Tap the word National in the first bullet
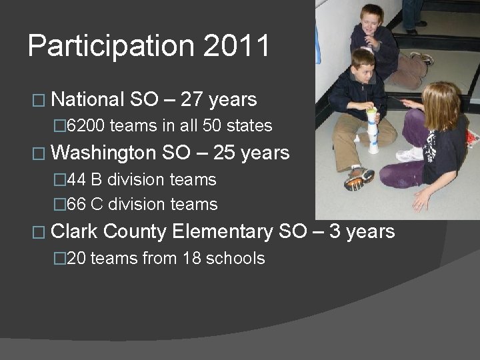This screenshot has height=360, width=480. pos(87,100)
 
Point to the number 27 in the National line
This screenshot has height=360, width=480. pos(192,100)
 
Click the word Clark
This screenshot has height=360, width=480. pos(74,231)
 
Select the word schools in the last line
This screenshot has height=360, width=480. pos(238,258)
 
